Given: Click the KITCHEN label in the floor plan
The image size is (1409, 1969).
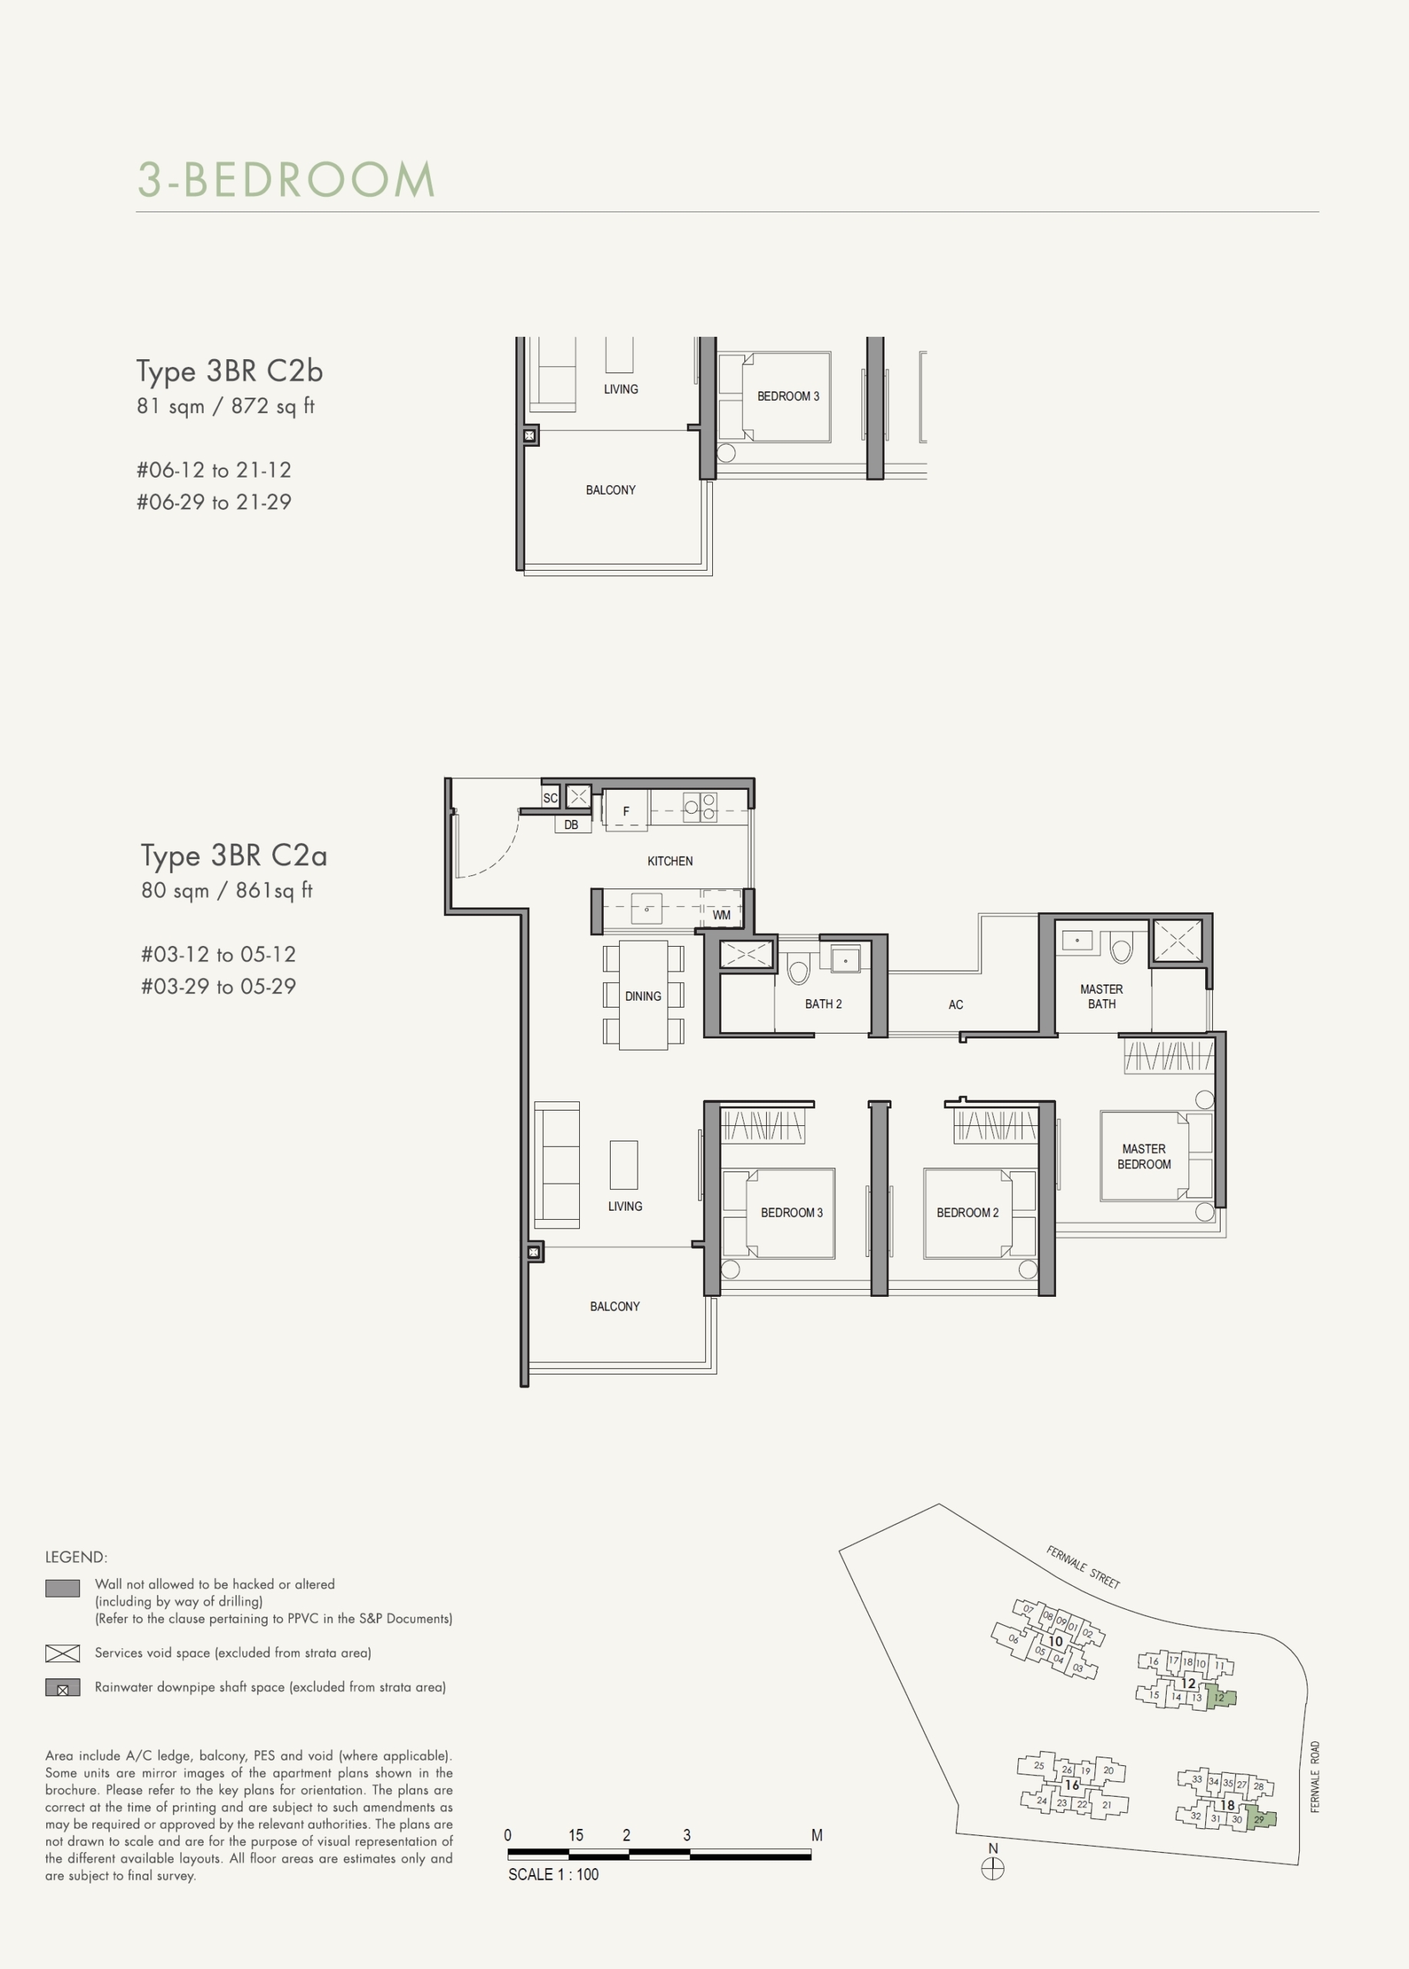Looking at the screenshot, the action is coord(670,861).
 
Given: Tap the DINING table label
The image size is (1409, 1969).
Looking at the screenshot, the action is coord(643,997).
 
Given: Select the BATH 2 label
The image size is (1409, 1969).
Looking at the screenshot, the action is coord(824,1004).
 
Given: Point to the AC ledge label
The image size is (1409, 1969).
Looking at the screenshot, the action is coord(955,1005).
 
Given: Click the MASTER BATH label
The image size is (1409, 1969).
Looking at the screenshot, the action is coord(1102,997).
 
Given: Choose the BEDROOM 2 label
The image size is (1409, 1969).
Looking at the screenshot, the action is coord(968,1213).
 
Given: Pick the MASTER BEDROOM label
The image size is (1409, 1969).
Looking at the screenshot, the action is coord(1144,1156).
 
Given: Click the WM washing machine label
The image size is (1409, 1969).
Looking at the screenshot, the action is coord(721,915).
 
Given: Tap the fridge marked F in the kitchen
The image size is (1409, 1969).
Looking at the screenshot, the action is coord(626,810).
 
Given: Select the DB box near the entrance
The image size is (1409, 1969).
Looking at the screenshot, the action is coord(571,825).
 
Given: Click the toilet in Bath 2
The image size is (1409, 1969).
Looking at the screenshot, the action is coord(798,969).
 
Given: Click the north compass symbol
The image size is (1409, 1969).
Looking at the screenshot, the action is coord(993,1869).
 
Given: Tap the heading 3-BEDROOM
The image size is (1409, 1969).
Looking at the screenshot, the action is coord(286,179).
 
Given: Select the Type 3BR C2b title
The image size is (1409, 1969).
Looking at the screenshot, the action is coord(230,371).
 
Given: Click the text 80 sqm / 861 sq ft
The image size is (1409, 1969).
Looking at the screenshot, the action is coord(226,891).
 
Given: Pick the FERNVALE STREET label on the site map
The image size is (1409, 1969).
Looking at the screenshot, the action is coord(1083,1568).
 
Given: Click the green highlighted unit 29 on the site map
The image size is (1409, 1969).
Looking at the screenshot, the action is coord(1260,1818).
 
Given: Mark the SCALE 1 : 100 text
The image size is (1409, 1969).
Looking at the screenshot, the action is coord(554,1874).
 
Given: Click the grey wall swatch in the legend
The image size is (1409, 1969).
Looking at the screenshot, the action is coord(62,1588).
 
